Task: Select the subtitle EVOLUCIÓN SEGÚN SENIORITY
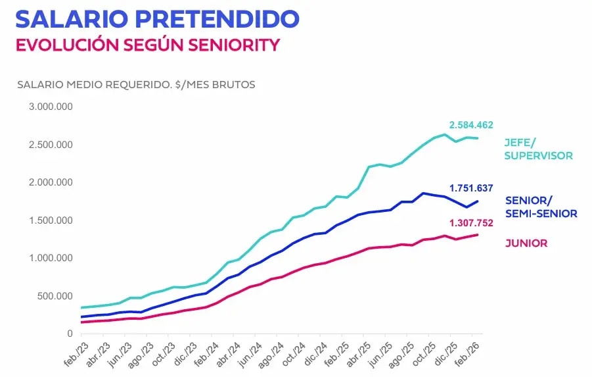(x=148, y=45)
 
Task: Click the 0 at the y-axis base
(x=69, y=334)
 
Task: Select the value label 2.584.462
(x=471, y=125)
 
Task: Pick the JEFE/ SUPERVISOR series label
(x=538, y=149)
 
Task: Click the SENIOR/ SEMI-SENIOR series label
(x=541, y=207)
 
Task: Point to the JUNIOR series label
(x=526, y=243)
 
